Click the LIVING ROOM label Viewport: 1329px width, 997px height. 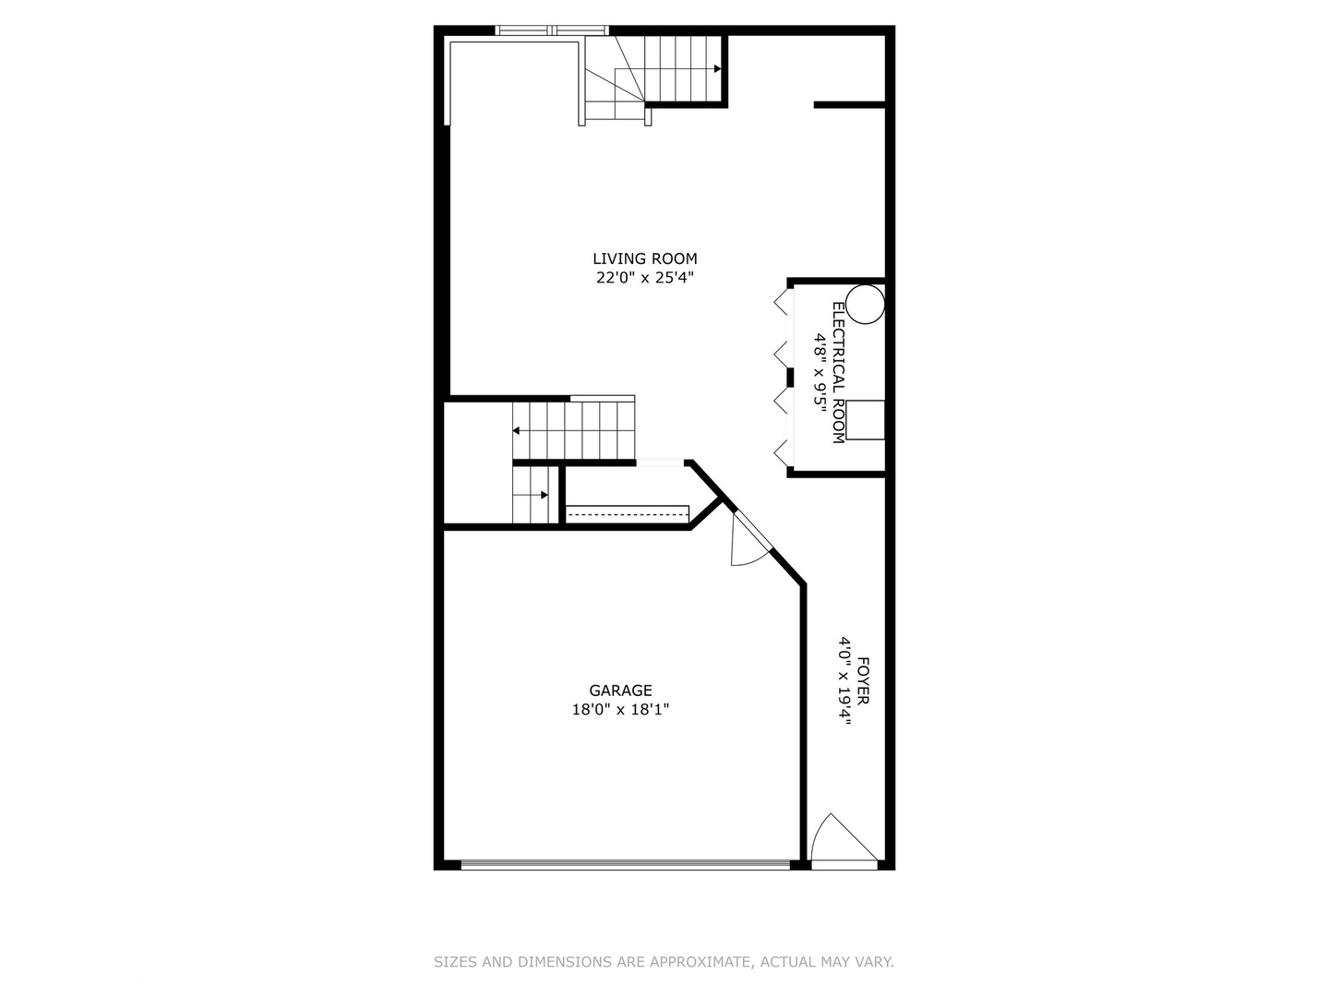click(x=644, y=259)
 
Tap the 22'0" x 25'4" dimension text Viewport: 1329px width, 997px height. click(x=644, y=278)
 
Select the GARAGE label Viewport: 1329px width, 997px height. click(x=620, y=691)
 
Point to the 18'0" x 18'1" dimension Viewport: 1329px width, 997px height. click(x=620, y=710)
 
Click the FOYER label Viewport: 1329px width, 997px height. click(x=863, y=680)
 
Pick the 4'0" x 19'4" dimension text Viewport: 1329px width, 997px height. click(x=844, y=680)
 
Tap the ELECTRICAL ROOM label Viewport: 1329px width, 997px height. click(x=838, y=373)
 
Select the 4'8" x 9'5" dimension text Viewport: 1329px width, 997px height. click(x=819, y=373)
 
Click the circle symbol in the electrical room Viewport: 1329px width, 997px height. click(x=865, y=305)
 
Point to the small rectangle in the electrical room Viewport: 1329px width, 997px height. click(x=866, y=420)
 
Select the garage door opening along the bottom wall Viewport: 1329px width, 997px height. click(x=625, y=865)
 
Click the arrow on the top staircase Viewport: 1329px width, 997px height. click(x=716, y=68)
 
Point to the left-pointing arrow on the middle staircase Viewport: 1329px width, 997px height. click(x=517, y=430)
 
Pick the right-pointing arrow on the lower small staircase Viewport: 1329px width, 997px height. click(x=544, y=495)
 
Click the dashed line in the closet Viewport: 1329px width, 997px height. click(x=628, y=510)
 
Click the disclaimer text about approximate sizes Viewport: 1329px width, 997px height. click(x=664, y=962)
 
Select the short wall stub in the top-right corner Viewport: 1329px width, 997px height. click(x=849, y=105)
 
